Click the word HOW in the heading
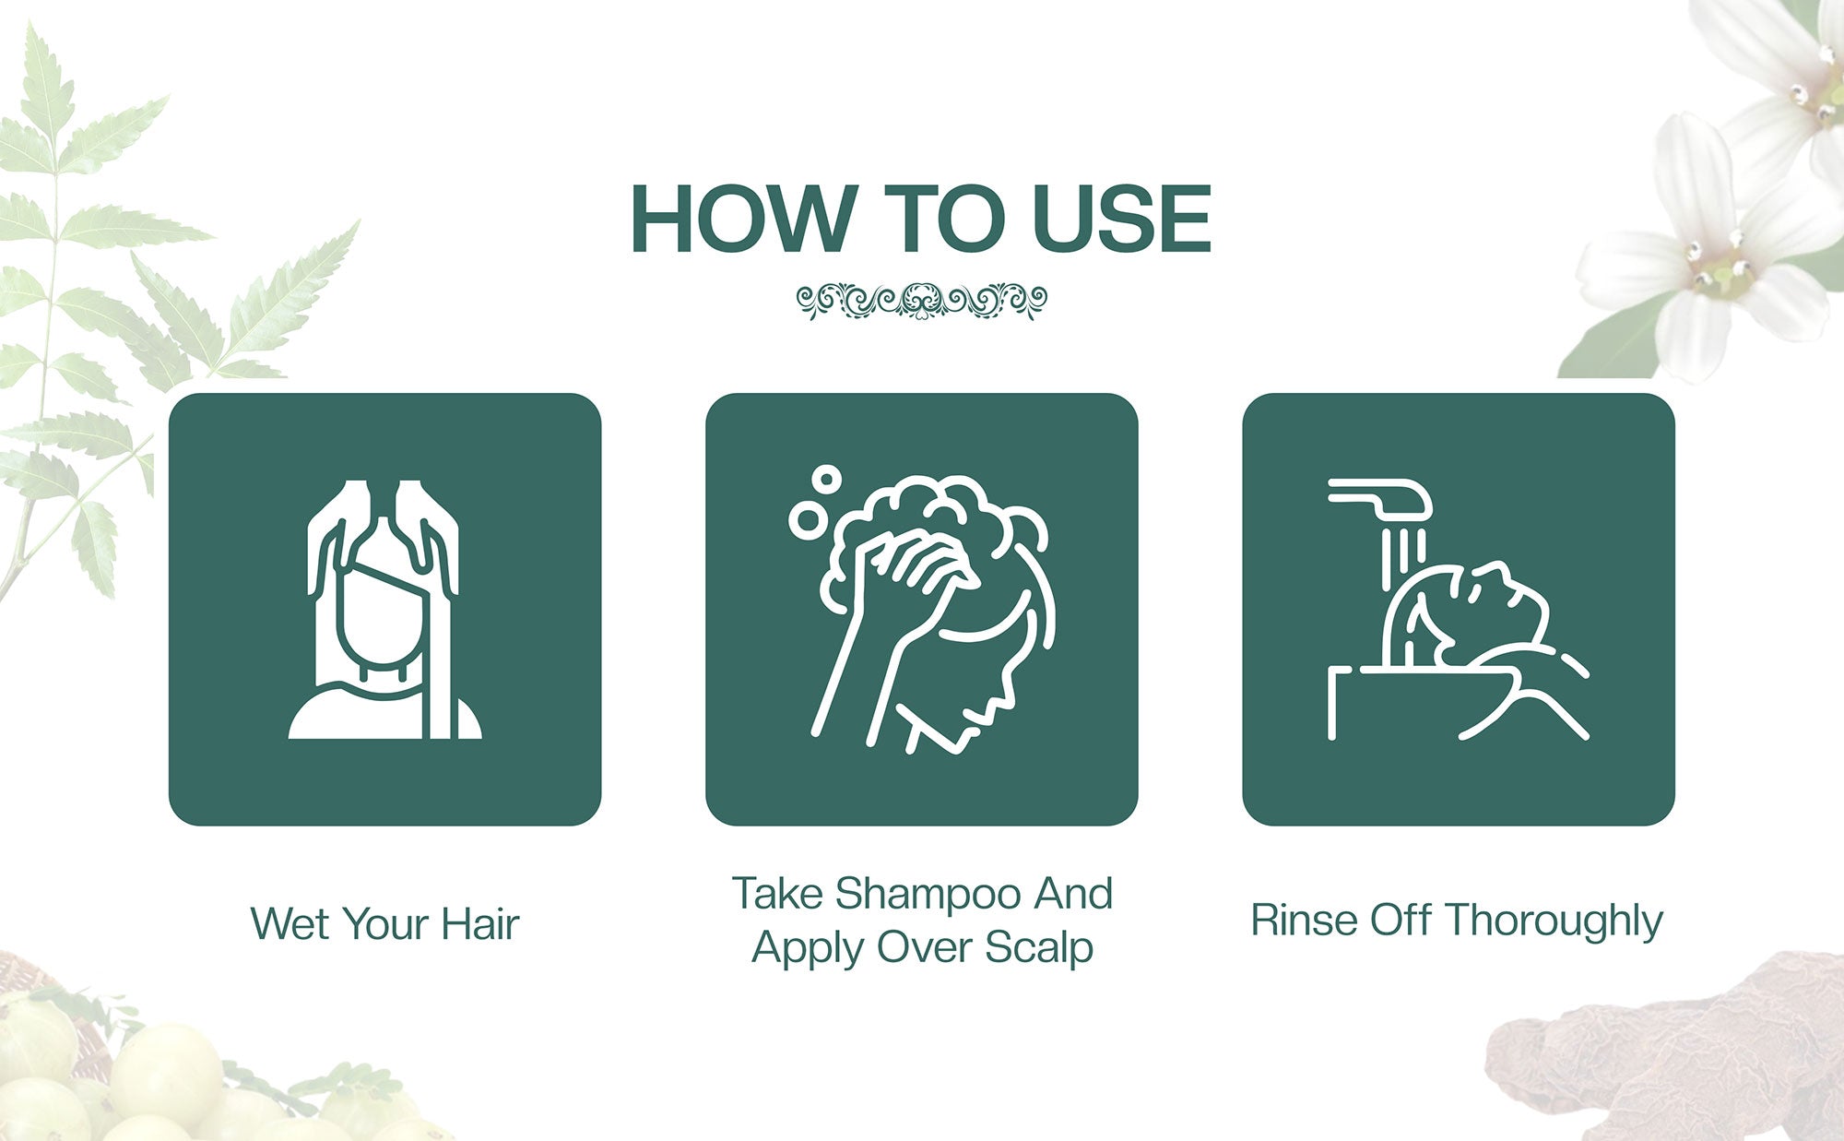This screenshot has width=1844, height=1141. click(x=742, y=219)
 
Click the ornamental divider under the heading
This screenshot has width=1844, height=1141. click(x=921, y=301)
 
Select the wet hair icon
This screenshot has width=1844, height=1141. click(x=384, y=609)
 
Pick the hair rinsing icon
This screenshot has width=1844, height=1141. click(x=1458, y=610)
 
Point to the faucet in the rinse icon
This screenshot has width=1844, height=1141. click(x=1380, y=498)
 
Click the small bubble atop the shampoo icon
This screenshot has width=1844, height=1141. click(x=826, y=479)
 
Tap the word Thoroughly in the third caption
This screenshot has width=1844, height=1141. click(x=1554, y=921)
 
